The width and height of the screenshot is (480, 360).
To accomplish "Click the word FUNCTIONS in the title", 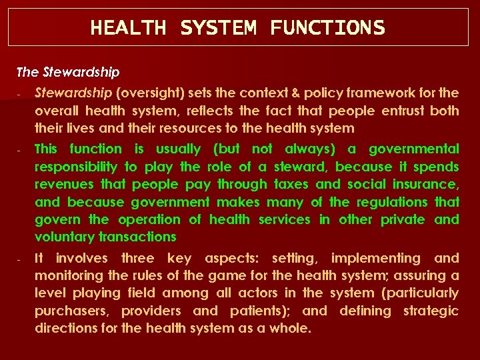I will coord(327,28).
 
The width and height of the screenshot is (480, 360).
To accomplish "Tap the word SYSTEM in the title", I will coord(218,28).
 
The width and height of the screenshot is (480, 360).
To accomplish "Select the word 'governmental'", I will coord(413,149).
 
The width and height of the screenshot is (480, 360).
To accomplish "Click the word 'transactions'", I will coord(137,237).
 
